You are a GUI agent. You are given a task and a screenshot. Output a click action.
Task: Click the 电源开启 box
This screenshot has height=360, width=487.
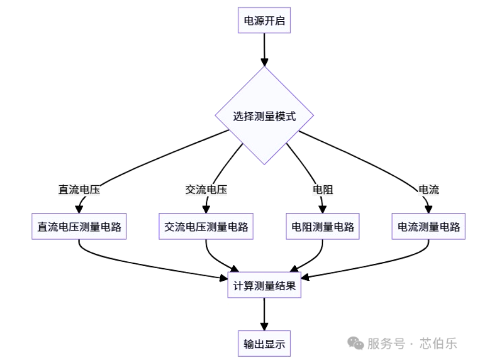[264, 21]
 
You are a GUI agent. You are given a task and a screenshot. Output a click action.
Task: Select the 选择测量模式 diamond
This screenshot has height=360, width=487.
[264, 116]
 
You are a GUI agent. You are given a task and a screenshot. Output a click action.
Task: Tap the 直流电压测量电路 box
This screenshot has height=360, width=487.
[79, 227]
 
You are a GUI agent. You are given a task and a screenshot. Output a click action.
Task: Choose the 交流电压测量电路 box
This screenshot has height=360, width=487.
[206, 227]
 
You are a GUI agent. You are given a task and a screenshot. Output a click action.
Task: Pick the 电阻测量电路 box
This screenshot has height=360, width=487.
[322, 227]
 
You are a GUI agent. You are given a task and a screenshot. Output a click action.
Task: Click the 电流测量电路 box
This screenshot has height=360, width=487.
[428, 227]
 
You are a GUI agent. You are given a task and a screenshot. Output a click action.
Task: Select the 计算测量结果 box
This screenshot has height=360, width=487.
[264, 286]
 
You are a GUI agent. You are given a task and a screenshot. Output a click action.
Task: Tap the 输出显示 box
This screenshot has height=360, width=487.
[264, 344]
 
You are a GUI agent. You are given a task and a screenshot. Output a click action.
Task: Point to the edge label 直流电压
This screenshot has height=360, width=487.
[79, 190]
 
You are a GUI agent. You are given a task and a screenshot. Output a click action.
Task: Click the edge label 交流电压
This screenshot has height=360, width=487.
[206, 190]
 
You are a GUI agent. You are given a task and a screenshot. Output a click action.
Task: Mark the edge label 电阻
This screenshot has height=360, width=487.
[322, 190]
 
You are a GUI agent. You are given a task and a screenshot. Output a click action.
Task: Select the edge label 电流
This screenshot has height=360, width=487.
[428, 190]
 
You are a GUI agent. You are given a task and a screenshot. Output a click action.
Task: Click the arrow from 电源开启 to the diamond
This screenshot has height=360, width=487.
[264, 49]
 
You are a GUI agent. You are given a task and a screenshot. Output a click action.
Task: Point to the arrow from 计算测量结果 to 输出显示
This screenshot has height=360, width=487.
[264, 314]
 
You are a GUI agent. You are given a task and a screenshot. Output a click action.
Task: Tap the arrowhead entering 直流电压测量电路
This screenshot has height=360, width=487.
[79, 209]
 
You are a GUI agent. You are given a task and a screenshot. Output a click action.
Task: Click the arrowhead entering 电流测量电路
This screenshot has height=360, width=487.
[428, 209]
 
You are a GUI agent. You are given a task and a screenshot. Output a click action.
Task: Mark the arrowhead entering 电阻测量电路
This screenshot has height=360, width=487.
[322, 209]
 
